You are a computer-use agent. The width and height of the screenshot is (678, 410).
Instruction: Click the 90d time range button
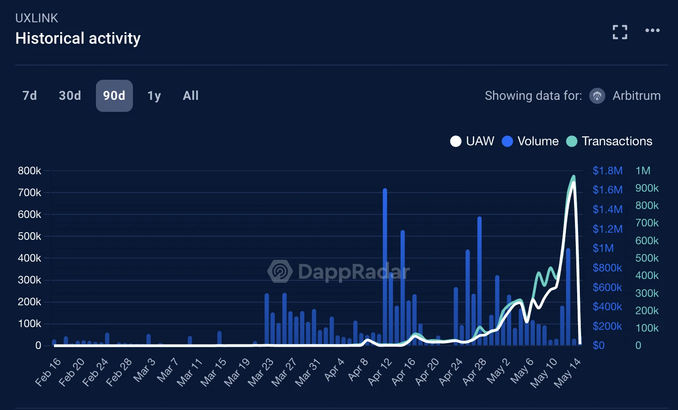[114, 96]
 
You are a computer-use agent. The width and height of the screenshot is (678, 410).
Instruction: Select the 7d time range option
[29, 96]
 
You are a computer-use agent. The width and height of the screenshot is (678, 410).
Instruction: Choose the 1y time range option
[154, 96]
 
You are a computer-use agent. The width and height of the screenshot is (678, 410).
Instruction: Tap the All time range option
[190, 96]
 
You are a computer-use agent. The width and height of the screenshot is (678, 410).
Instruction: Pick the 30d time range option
[70, 96]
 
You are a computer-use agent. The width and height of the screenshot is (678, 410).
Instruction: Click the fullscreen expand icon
[620, 32]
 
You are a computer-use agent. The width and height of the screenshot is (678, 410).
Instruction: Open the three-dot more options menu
[652, 30]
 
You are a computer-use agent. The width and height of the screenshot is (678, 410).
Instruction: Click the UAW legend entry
[472, 141]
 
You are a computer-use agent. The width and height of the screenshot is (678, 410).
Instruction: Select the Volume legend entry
[530, 141]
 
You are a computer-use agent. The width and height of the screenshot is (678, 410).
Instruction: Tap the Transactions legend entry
[609, 141]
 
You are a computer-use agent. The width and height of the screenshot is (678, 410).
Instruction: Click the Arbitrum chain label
[636, 96]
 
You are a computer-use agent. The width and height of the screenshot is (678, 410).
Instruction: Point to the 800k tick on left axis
[29, 171]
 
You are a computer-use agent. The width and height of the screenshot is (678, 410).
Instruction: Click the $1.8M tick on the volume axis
[607, 171]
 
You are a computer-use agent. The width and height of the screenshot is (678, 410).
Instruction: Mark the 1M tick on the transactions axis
[643, 171]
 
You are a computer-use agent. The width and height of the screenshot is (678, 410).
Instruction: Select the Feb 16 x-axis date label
[48, 372]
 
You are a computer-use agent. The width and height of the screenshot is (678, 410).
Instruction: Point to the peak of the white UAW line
[574, 182]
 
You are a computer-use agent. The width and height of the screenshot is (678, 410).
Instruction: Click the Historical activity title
[78, 38]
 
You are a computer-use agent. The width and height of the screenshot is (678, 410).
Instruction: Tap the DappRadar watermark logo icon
[280, 271]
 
